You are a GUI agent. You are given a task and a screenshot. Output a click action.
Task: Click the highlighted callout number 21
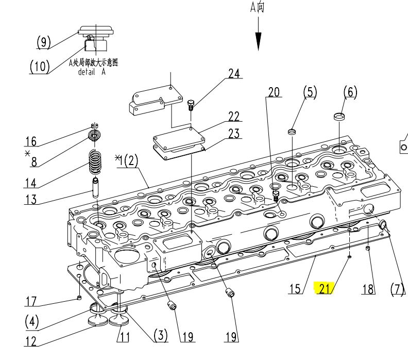pyautogui.click(x=325, y=289)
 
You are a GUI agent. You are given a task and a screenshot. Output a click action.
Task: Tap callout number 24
pyautogui.click(x=234, y=73)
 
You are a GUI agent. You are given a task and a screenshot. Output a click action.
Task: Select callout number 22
pyautogui.click(x=234, y=117)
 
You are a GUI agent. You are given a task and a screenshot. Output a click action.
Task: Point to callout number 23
pyautogui.click(x=234, y=134)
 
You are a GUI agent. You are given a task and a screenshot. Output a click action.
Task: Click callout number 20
pyautogui.click(x=274, y=92)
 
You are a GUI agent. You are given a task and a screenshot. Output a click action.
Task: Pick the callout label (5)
pyautogui.click(x=310, y=92)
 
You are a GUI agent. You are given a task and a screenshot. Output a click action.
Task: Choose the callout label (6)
pyautogui.click(x=350, y=92)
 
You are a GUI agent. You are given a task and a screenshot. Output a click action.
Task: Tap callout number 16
pyautogui.click(x=31, y=141)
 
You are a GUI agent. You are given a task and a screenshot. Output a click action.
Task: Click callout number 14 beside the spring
pyautogui.click(x=31, y=183)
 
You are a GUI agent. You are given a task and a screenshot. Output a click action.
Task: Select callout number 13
pyautogui.click(x=31, y=200)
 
